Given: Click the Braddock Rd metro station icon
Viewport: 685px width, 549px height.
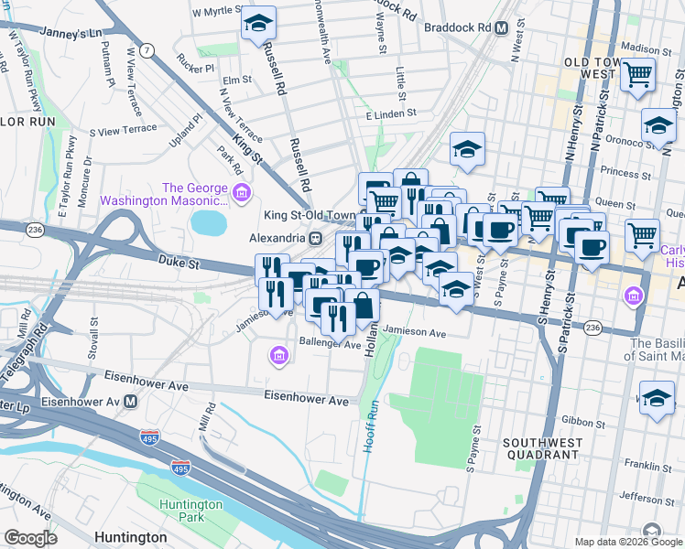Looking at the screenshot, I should pyautogui.click(x=501, y=27).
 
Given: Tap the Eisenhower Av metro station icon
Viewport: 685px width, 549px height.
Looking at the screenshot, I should pyautogui.click(x=132, y=401).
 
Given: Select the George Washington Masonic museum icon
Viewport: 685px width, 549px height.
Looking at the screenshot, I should pyautogui.click(x=242, y=192).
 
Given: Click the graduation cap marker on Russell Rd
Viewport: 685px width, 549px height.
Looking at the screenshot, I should pyautogui.click(x=259, y=23).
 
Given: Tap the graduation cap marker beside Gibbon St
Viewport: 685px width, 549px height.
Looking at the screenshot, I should pyautogui.click(x=657, y=399).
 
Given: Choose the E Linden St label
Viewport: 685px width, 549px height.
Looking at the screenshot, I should pyautogui.click(x=391, y=114).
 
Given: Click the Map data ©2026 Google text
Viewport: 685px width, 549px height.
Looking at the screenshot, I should pyautogui.click(x=627, y=542).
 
